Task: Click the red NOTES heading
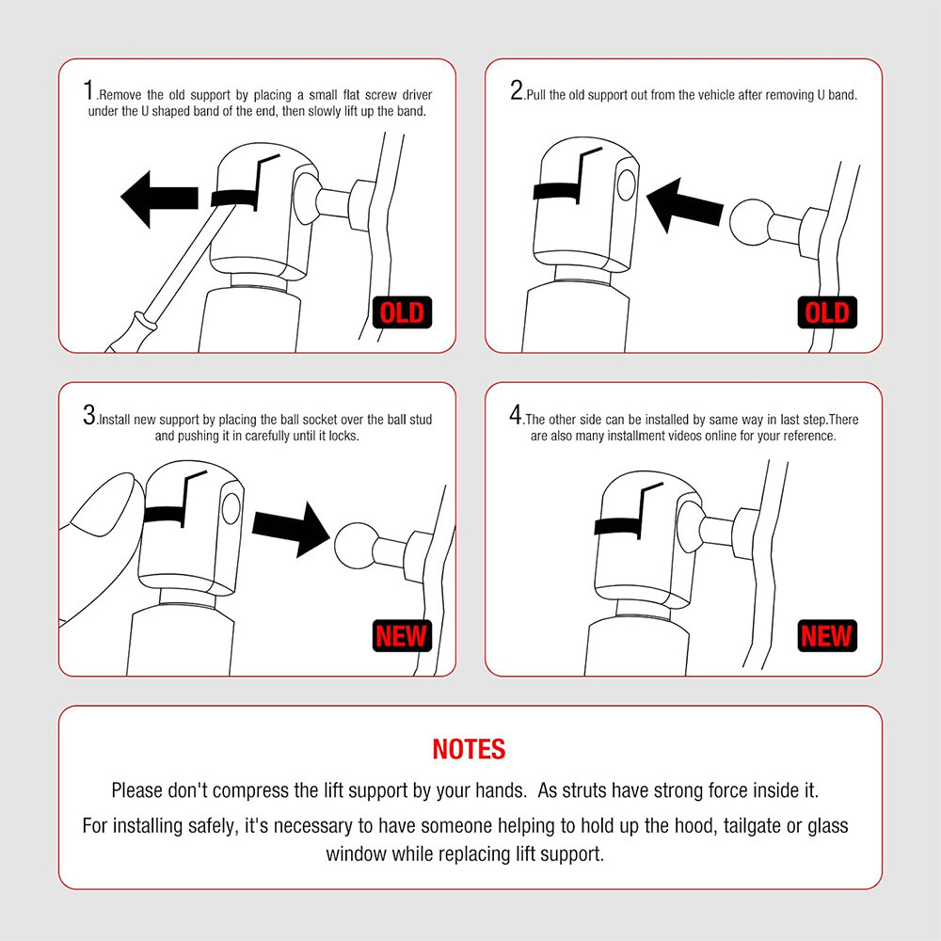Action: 469,749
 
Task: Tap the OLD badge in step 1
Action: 402,312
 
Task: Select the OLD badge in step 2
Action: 827,312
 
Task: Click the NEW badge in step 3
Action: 402,635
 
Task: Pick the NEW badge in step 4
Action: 827,635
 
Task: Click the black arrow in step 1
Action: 159,199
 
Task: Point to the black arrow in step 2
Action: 684,205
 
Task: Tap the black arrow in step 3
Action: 291,529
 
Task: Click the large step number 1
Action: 88,90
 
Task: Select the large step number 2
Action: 517,90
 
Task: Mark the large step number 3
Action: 89,415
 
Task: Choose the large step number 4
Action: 516,415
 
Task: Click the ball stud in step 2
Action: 750,222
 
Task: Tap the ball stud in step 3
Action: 356,546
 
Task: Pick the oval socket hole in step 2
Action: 626,184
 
